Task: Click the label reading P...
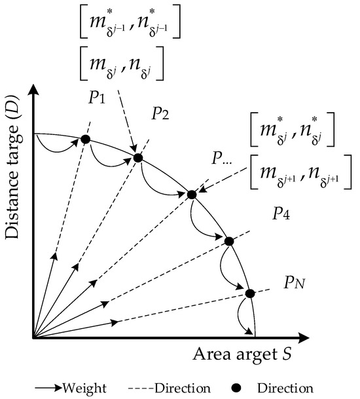click(x=219, y=160)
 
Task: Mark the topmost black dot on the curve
click(x=84, y=138)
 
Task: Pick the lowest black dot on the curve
click(x=249, y=293)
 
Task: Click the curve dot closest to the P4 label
click(x=228, y=241)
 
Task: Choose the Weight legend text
click(x=81, y=388)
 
